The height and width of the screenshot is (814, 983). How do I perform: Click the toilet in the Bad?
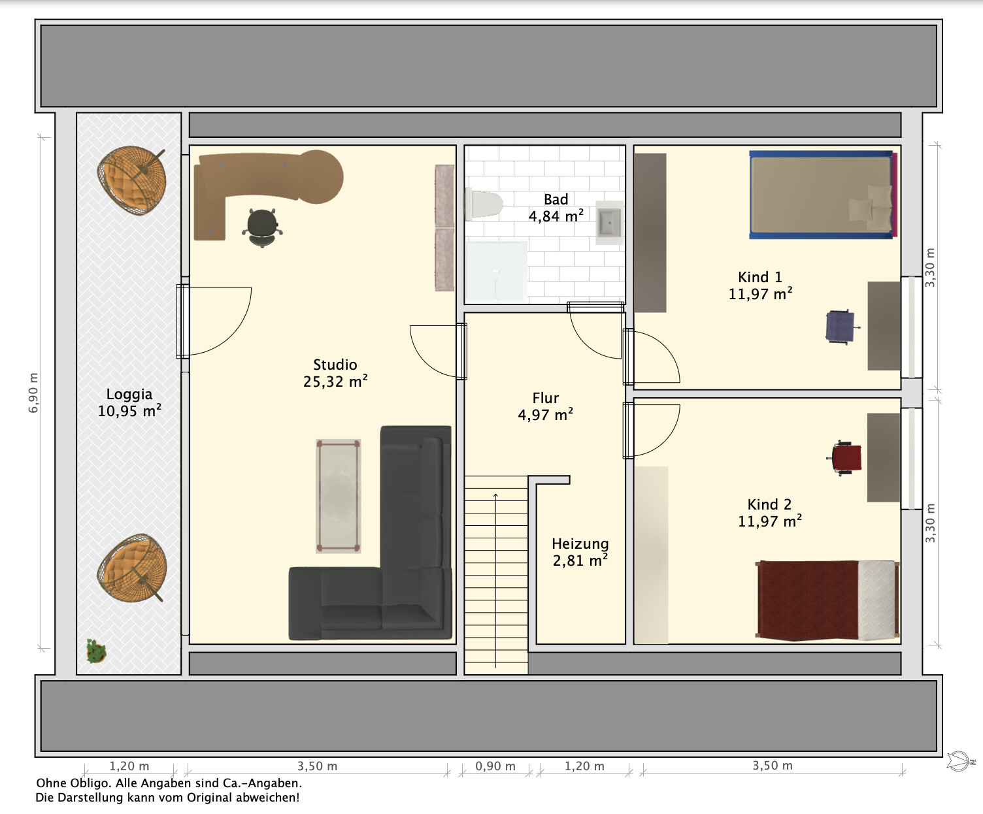(x=484, y=204)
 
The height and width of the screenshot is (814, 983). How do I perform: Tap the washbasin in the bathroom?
(x=610, y=223)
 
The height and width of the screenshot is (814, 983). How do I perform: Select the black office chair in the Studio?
(x=262, y=228)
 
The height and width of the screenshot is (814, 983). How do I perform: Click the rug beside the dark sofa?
(x=339, y=496)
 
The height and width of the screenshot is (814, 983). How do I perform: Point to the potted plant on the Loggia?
(x=96, y=651)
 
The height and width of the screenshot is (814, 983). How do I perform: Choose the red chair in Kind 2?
(x=846, y=458)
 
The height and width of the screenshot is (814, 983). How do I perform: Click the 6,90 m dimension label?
(x=33, y=393)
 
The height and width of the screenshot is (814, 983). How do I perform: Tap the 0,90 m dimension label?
(x=495, y=766)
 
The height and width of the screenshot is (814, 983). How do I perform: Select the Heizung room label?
(x=580, y=544)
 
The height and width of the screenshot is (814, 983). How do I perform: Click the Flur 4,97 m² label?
(x=546, y=406)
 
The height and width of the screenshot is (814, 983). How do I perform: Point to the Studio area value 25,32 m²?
(x=335, y=382)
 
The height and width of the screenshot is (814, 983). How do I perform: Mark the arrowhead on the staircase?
(x=495, y=495)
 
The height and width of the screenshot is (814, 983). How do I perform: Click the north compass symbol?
(x=960, y=761)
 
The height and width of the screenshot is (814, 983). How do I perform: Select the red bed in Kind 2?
(x=827, y=600)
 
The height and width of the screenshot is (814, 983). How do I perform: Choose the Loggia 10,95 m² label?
(x=129, y=403)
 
